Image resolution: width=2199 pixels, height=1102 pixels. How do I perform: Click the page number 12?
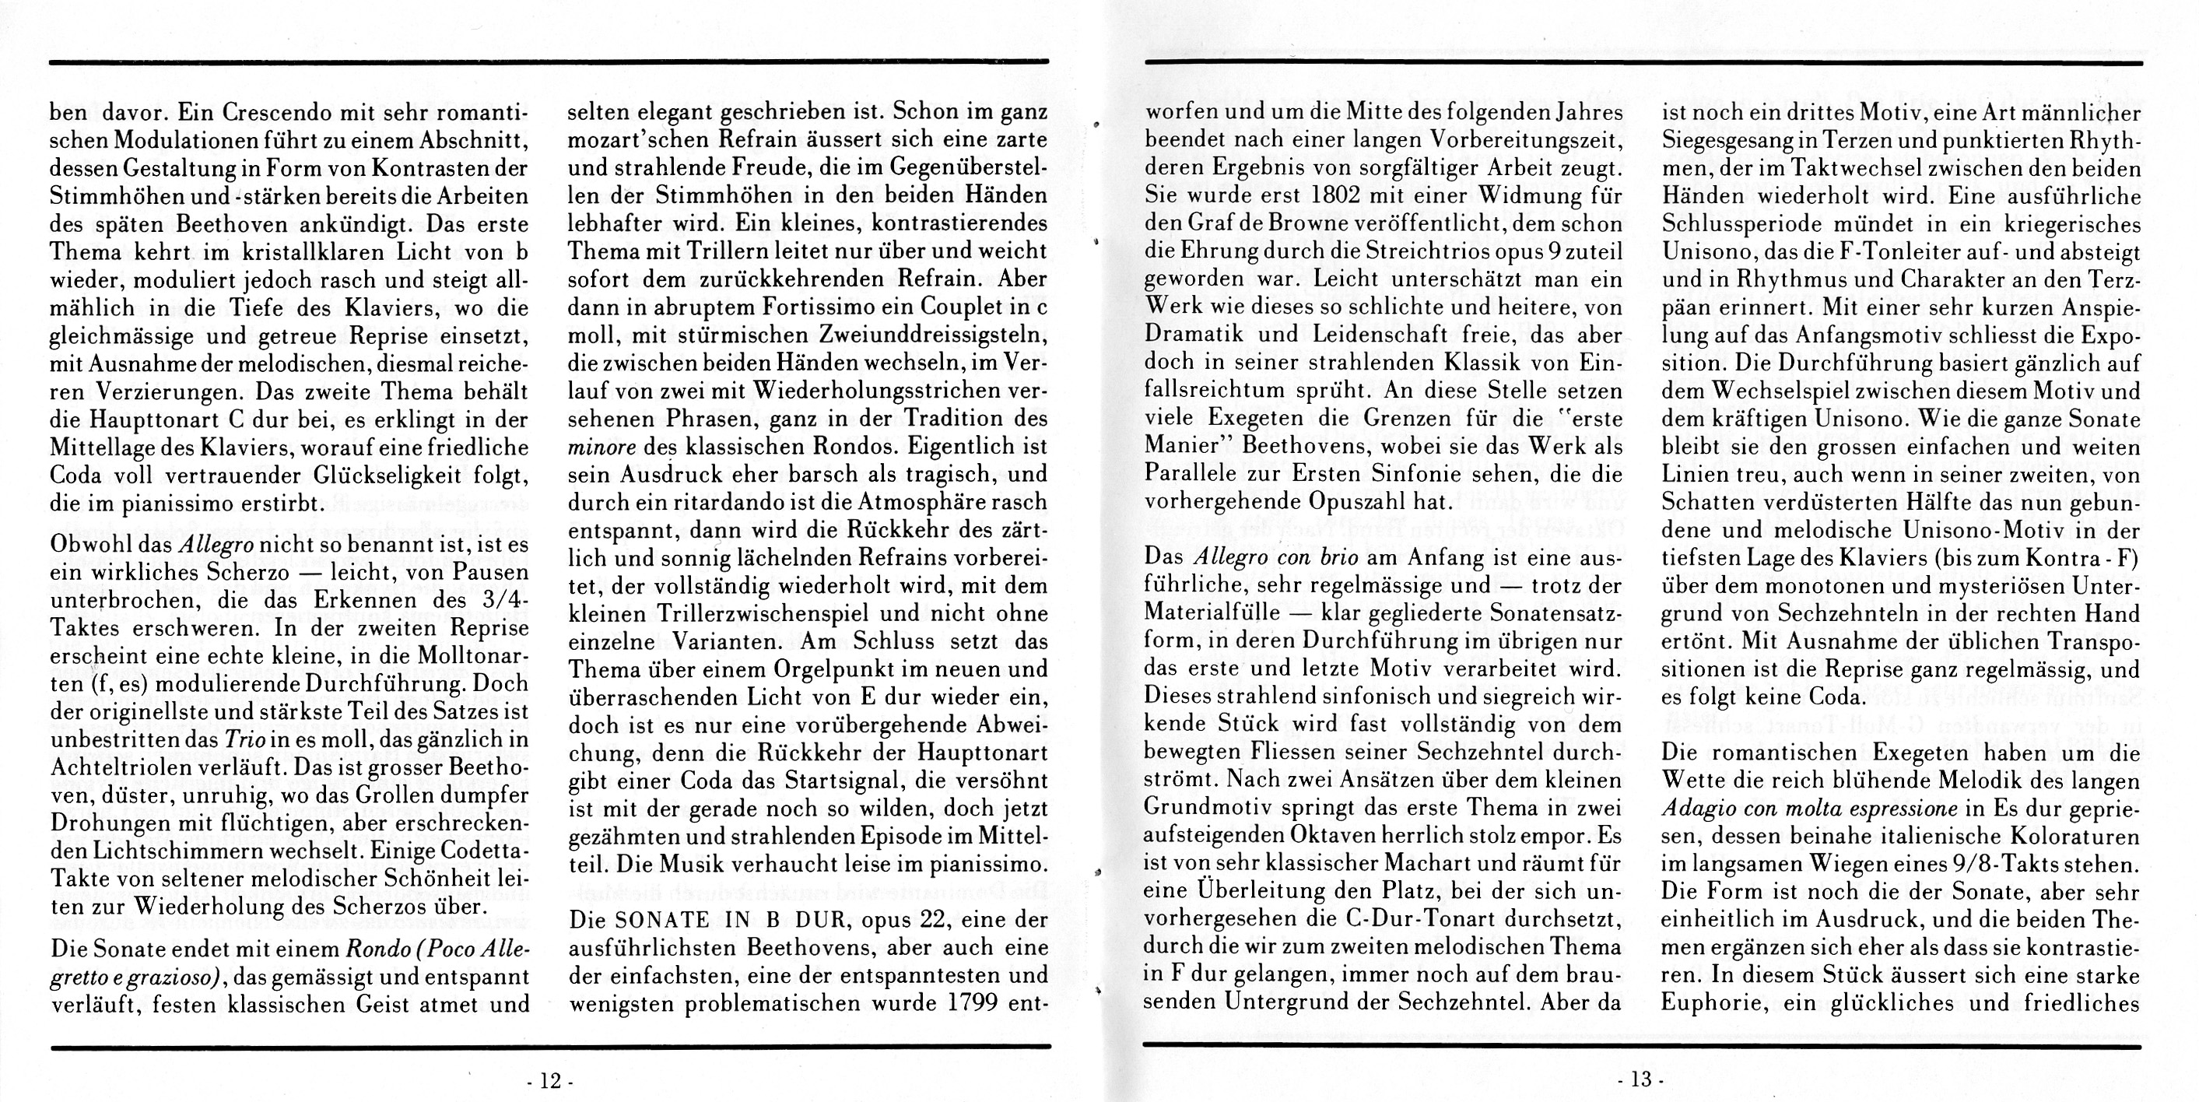549,1081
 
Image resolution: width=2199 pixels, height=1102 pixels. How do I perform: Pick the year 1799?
973,1002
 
